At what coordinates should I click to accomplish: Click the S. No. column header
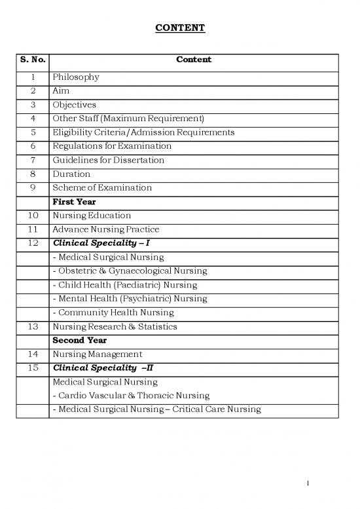(31, 60)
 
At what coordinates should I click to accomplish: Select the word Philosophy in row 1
(76, 77)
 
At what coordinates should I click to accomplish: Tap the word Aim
(61, 91)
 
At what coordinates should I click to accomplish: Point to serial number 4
(31, 119)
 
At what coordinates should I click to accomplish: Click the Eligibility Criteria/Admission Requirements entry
(143, 132)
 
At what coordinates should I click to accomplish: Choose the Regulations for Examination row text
(112, 146)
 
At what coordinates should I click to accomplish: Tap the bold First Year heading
(74, 202)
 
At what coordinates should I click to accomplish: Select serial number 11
(31, 229)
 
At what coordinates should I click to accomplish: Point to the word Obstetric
(77, 271)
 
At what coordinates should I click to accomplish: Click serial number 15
(31, 368)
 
